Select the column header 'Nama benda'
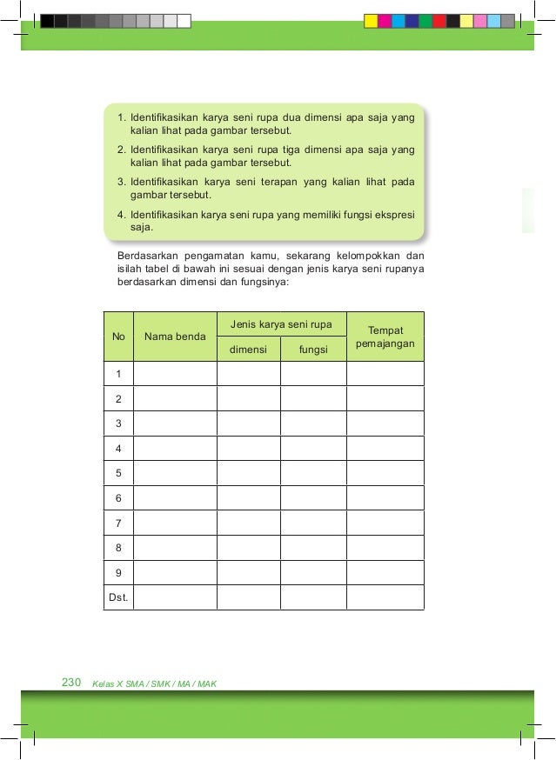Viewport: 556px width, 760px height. click(x=175, y=336)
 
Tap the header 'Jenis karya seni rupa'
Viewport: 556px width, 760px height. click(x=281, y=324)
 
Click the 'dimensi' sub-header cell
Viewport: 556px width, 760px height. click(x=248, y=350)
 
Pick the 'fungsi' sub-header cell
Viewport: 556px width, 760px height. click(x=312, y=350)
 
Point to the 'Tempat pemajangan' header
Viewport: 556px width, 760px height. click(x=385, y=337)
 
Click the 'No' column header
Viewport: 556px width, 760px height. click(x=117, y=336)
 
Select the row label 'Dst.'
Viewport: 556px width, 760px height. click(x=117, y=597)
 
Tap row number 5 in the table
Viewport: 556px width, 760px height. click(x=117, y=473)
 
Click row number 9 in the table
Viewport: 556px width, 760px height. click(x=117, y=572)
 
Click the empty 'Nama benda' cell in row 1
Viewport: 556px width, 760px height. click(x=175, y=374)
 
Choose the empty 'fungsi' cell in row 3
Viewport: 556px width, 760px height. click(x=312, y=423)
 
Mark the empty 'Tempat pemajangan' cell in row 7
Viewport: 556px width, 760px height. click(x=385, y=523)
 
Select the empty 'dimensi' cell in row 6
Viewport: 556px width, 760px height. click(x=248, y=497)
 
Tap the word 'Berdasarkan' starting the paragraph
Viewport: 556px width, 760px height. click(x=144, y=256)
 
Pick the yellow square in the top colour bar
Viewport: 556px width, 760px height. click(x=371, y=21)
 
